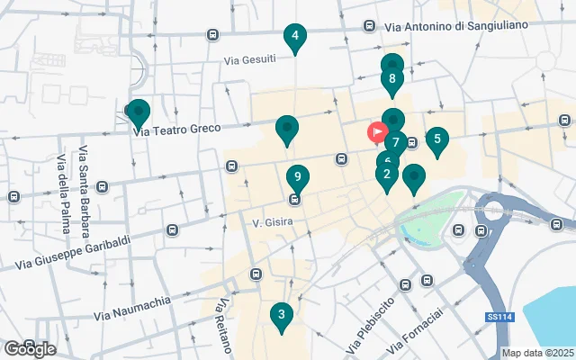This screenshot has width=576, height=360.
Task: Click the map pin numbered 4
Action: pyautogui.click(x=294, y=38)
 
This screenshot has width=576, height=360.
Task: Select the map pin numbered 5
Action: pyautogui.click(x=436, y=139)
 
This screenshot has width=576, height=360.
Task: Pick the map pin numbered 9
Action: pyautogui.click(x=298, y=177)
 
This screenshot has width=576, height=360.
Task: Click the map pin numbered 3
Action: pyautogui.click(x=282, y=315)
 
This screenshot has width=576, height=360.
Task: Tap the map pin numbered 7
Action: pyautogui.click(x=395, y=142)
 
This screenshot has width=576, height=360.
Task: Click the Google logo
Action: pyautogui.click(x=30, y=348)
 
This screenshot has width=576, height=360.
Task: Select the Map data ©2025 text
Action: pyautogui.click(x=537, y=353)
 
